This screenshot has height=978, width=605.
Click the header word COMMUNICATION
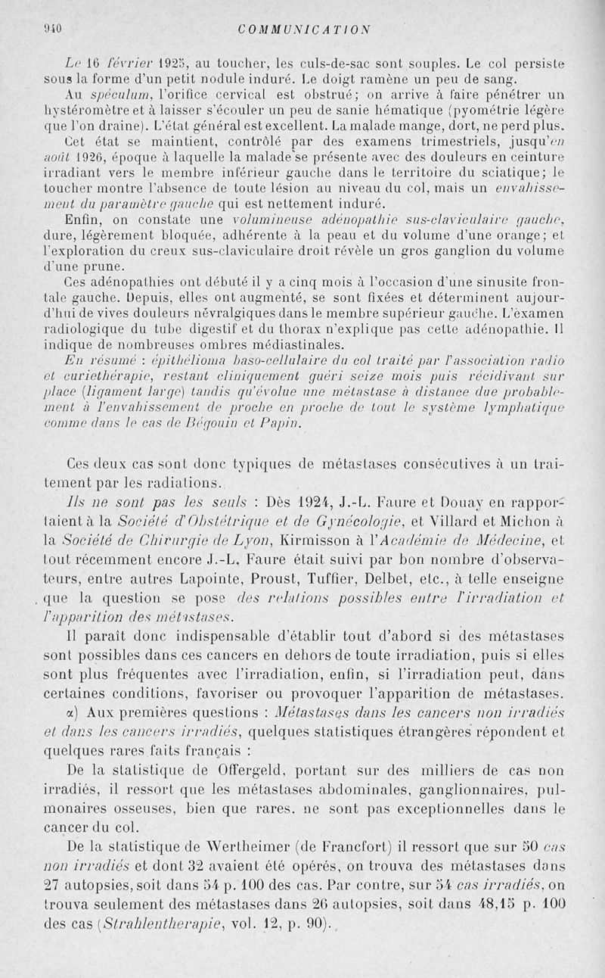(303, 30)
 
